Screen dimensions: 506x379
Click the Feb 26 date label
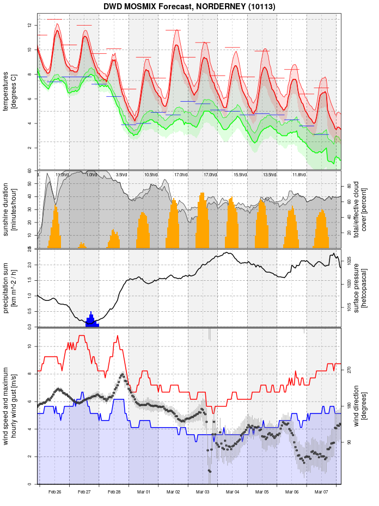click(54, 492)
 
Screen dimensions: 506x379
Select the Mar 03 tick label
click(203, 492)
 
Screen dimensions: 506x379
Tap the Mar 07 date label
click(322, 492)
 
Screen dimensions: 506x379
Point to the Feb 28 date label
click(114, 492)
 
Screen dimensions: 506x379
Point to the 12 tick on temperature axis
click(30, 25)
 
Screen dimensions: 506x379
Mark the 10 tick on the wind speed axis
click(30, 347)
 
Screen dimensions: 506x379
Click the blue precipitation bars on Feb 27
click(91, 321)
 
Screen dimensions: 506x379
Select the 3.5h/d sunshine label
click(121, 175)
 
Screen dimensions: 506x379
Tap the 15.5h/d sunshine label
click(240, 175)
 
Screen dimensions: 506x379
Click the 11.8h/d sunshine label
click(299, 175)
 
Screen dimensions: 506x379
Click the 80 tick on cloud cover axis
click(349, 186)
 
